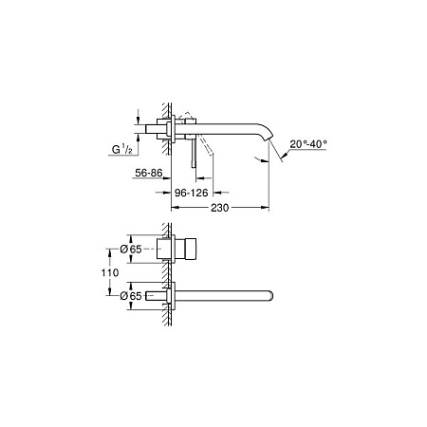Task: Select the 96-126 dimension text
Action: point(188,191)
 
